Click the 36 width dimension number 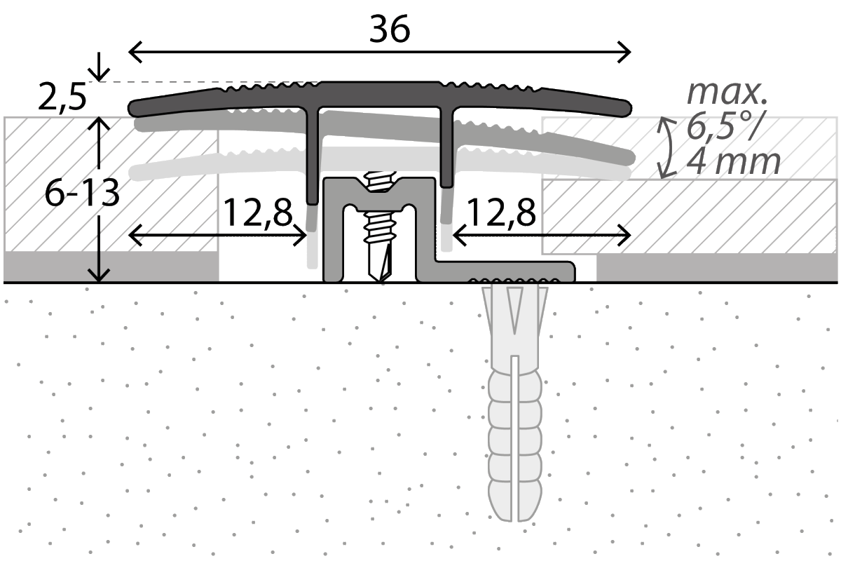pyautogui.click(x=390, y=29)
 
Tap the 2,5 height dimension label pyautogui.click(x=62, y=97)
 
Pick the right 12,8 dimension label pyautogui.click(x=501, y=212)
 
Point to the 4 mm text pyautogui.click(x=732, y=163)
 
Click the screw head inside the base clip pyautogui.click(x=381, y=181)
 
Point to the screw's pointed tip pyautogui.click(x=382, y=278)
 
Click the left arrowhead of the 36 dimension pyautogui.click(x=132, y=51)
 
